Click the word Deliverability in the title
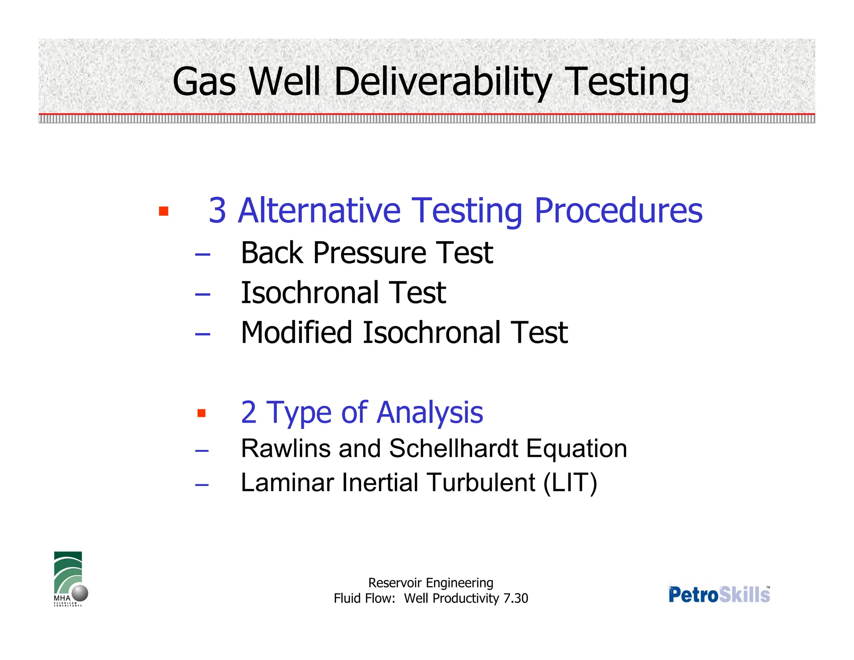click(443, 82)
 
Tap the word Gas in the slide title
click(204, 82)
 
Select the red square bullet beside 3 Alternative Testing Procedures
click(163, 211)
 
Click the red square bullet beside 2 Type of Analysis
click(202, 413)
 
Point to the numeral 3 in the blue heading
click(217, 211)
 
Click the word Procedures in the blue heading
click(618, 211)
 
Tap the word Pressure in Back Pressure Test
click(369, 253)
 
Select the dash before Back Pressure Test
click(202, 254)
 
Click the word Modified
click(296, 333)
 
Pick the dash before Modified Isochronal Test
click(202, 334)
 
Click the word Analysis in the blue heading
click(430, 413)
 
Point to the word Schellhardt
click(454, 448)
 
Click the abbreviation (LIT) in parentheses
click(570, 483)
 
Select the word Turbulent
click(481, 483)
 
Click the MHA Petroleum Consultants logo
click(70, 579)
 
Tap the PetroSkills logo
click(719, 594)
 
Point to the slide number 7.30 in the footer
click(515, 598)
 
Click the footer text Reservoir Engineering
click(431, 583)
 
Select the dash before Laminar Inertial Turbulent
click(202, 485)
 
